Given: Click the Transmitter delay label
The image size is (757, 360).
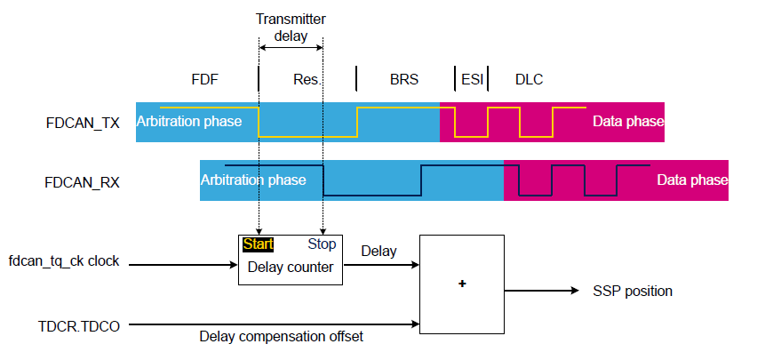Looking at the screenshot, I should coord(291,28).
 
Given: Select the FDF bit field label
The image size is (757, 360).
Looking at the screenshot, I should coord(204,79).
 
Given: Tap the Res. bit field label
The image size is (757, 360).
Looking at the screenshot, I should coord(307,79).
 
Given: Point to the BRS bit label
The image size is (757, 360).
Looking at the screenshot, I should coord(404,79).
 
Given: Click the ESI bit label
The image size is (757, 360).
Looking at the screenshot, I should coord(472,79).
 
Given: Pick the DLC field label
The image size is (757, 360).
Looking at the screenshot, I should coord(530,79).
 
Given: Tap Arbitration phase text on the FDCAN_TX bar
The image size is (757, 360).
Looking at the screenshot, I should coord(188,121).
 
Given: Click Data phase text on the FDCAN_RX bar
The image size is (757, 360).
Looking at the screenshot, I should coord(692,180).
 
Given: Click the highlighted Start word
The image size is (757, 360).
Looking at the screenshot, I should coord(258,244).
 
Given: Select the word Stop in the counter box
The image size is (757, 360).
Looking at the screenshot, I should coord(322,244).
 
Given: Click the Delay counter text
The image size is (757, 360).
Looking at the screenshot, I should coord(290,266).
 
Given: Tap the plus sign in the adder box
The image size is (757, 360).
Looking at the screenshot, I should coord(462,284).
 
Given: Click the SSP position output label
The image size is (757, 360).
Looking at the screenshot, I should coord(633,291).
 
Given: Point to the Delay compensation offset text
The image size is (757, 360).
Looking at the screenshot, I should coord(282,336).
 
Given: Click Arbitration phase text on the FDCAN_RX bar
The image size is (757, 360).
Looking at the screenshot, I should coord(253,180).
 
